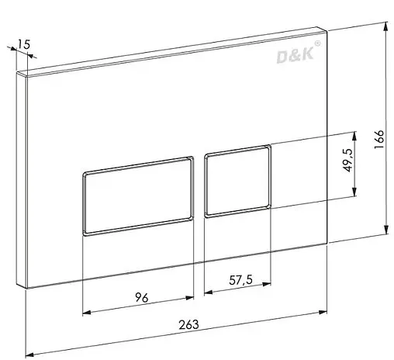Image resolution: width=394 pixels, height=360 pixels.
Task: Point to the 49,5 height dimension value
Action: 347,160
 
